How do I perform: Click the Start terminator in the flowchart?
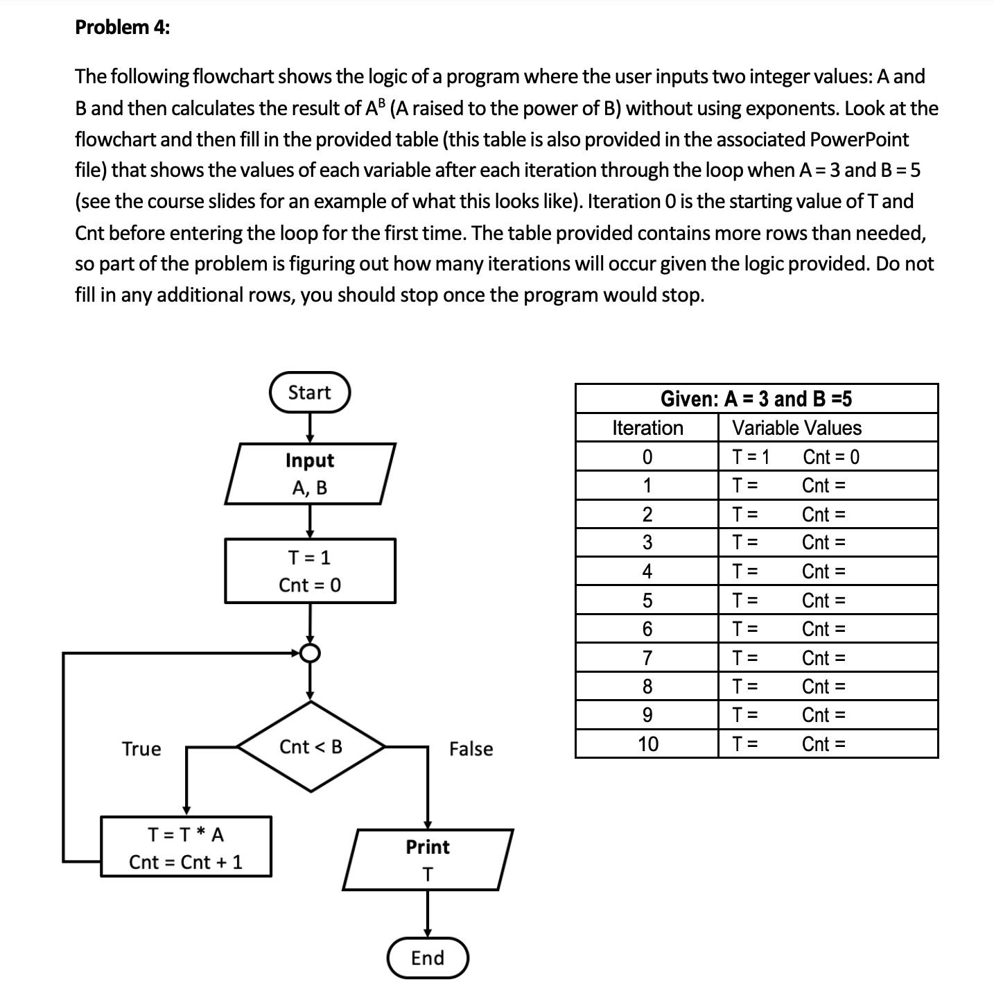309,393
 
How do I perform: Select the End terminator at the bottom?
428,958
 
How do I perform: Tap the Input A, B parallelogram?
310,474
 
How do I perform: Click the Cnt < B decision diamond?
311,747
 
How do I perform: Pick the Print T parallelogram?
428,860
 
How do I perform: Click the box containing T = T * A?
186,848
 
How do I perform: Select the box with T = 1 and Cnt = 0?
310,571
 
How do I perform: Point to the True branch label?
141,749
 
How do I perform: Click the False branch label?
471,749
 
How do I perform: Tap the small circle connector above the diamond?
311,653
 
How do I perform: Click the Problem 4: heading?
122,27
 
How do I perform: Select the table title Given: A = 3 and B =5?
756,399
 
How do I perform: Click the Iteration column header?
647,428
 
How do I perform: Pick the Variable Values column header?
797,428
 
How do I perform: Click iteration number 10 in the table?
647,744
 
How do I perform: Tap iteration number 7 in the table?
647,657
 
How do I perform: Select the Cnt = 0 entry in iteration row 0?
830,457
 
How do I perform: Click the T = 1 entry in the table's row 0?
751,457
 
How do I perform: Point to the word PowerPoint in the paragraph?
859,139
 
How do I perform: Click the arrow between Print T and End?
428,913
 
